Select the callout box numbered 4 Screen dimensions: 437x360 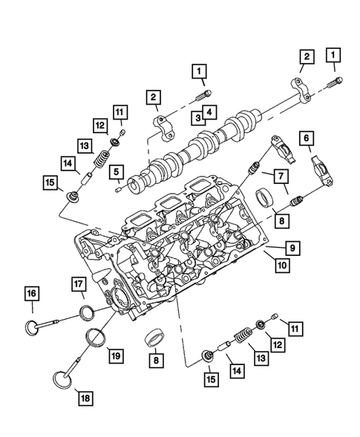pyautogui.click(x=211, y=113)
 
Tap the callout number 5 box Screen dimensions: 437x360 pyautogui.click(x=116, y=172)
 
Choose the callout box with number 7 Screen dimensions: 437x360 pyautogui.click(x=283, y=177)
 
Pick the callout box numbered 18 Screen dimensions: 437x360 pyautogui.click(x=88, y=398)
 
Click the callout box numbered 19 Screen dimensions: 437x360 pyautogui.click(x=115, y=355)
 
